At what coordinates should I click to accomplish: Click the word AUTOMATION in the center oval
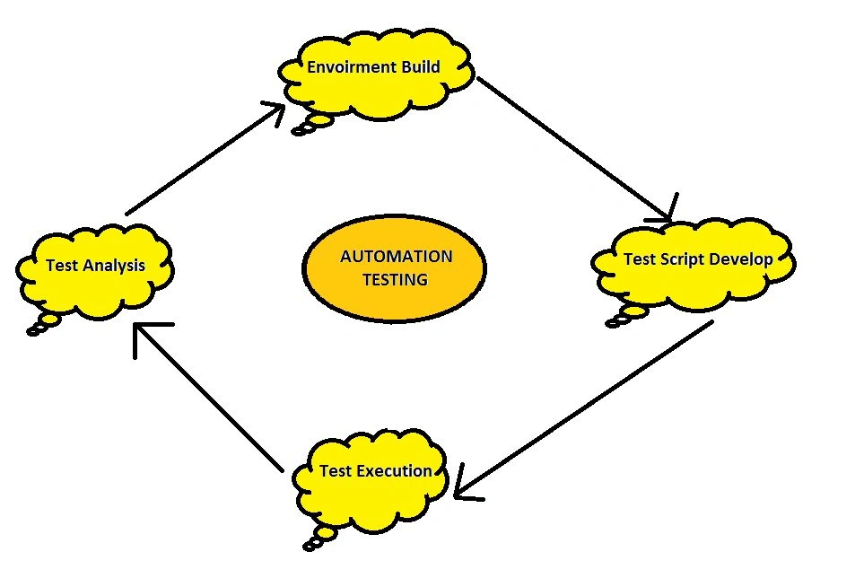[x=397, y=257]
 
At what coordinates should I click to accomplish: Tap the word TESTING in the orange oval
[x=395, y=279]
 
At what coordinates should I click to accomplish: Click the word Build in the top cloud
[x=421, y=66]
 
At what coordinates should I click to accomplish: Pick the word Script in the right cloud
[x=682, y=259]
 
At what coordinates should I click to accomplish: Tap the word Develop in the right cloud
[x=741, y=259]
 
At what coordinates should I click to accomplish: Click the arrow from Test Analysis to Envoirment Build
[x=205, y=158]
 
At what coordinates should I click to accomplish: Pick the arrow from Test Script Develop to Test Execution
[x=584, y=410]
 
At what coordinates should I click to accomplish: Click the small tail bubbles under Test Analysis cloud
[x=43, y=325]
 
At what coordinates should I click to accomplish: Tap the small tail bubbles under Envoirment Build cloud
[x=311, y=125]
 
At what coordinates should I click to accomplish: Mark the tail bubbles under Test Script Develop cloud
[x=626, y=317]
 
